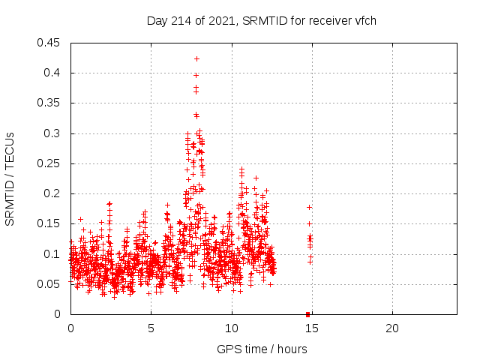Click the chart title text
click(262, 20)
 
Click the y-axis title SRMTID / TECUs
click(10, 178)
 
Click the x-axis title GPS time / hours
click(262, 349)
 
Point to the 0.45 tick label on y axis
click(50, 43)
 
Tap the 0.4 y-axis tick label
click(53, 73)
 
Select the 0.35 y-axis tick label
click(50, 103)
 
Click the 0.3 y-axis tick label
click(53, 133)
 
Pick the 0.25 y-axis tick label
click(50, 163)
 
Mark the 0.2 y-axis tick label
click(53, 193)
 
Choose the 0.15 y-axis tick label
click(50, 223)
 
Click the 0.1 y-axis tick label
click(53, 254)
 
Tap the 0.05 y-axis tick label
click(50, 284)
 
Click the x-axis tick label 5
click(151, 328)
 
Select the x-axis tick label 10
click(231, 328)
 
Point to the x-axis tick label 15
click(311, 328)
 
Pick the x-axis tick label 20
click(391, 328)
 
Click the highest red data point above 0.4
click(196, 58)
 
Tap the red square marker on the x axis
click(307, 314)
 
